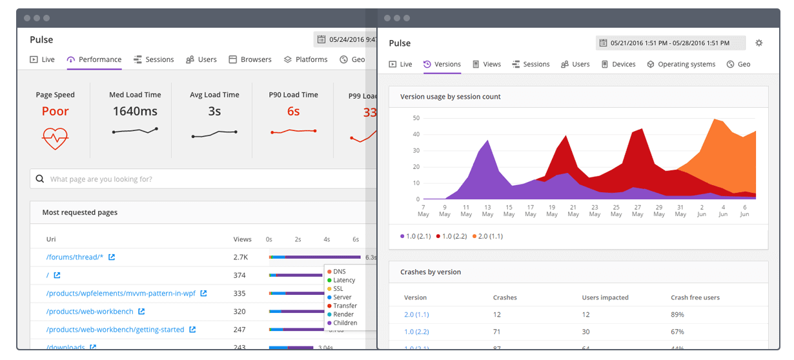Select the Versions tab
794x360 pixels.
tap(442, 65)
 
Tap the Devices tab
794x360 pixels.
tap(618, 65)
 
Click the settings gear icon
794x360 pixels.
tap(758, 43)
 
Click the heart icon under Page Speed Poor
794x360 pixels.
tap(55, 138)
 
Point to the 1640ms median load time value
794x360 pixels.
tap(135, 111)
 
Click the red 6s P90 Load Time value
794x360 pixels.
tap(293, 111)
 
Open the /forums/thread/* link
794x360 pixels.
tap(75, 257)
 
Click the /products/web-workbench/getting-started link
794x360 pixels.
tap(115, 330)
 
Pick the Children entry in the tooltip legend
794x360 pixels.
tap(345, 323)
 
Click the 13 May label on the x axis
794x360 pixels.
tap(487, 210)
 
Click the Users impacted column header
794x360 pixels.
tap(605, 297)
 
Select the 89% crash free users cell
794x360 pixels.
tap(677, 315)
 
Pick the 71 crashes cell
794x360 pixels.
tap(497, 332)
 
